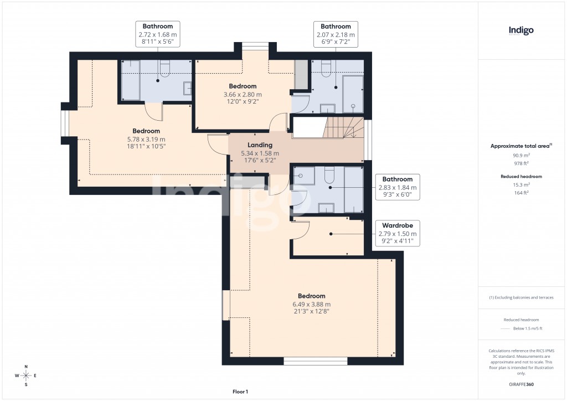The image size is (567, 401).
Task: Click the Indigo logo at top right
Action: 521,30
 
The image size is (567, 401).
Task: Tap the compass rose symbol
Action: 25,376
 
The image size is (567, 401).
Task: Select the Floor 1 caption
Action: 240,392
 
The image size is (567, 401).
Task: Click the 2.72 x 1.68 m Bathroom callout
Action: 158,34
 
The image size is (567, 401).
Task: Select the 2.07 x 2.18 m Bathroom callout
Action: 336,34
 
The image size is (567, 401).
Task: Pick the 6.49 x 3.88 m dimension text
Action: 312,304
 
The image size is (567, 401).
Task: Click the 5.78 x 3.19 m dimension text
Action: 146,139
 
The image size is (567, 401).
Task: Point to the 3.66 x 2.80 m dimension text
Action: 243,94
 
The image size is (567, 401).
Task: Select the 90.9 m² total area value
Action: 520,156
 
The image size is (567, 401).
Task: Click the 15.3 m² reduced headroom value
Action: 520,184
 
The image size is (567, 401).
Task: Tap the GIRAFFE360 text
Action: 521,384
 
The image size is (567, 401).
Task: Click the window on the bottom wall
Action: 316,361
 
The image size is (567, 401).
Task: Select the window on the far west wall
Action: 64,123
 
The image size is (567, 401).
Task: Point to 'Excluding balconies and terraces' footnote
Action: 520,297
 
